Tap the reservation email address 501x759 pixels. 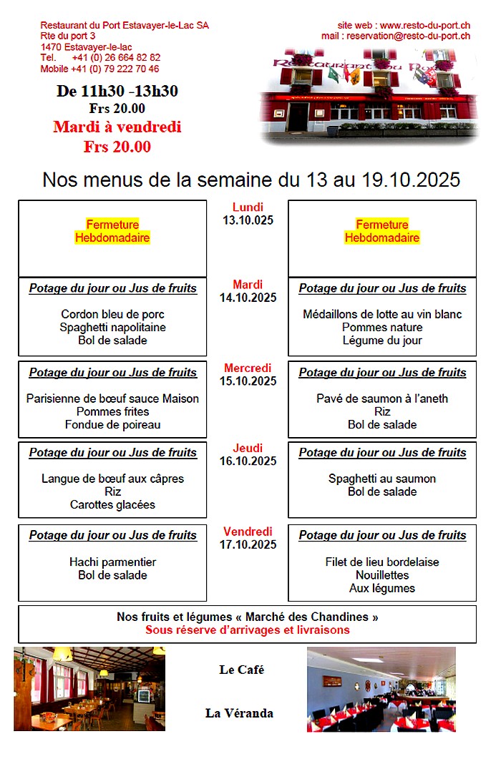click(409, 36)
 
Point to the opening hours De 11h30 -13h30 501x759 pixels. click(117, 91)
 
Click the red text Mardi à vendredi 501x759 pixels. click(117, 127)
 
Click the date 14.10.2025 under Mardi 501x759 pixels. click(248, 298)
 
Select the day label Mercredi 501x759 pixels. click(248, 368)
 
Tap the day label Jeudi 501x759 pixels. click(248, 449)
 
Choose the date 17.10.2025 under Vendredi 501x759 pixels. click(248, 545)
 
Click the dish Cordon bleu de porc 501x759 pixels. click(113, 314)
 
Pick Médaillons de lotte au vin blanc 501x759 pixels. click(382, 314)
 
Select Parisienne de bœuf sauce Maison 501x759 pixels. click(113, 398)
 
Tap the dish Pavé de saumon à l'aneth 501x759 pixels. click(382, 398)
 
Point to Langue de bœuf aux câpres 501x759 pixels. click(113, 479)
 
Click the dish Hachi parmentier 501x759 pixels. click(113, 562)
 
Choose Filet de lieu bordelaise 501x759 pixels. click(382, 562)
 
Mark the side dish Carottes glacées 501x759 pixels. click(113, 504)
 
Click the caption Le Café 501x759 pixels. click(241, 670)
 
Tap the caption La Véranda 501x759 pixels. click(239, 713)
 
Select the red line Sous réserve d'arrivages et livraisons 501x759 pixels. click(248, 630)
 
